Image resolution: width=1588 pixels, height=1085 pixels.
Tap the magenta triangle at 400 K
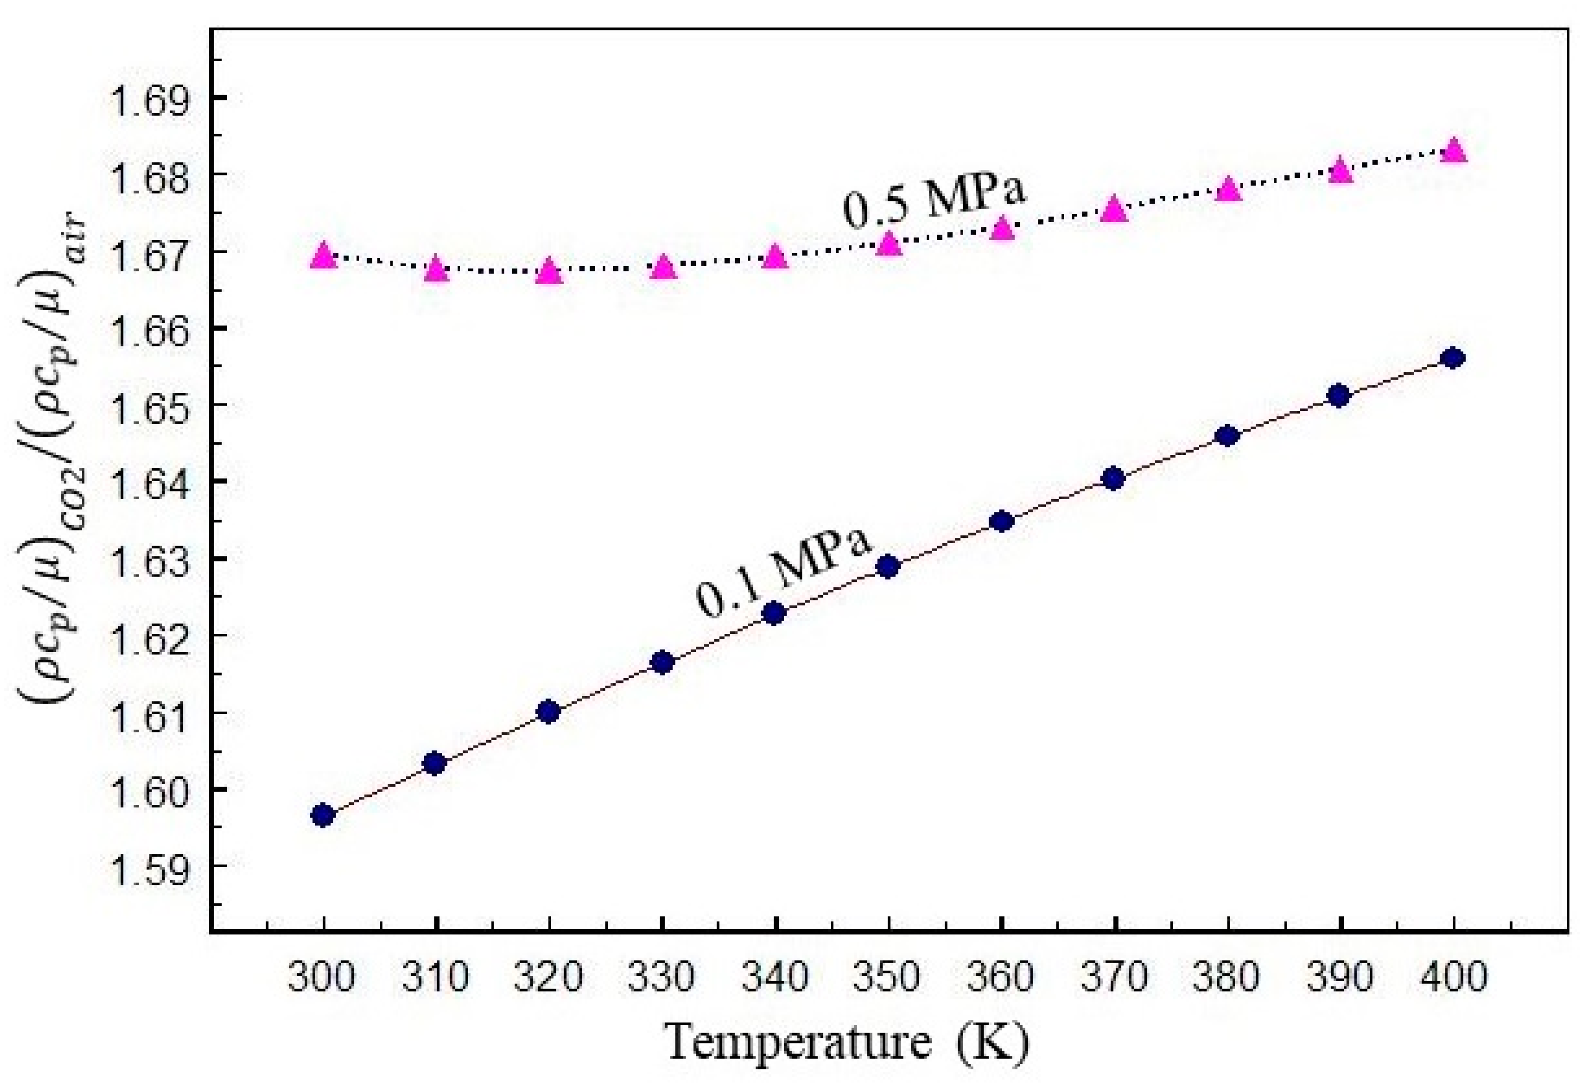(x=1454, y=149)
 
